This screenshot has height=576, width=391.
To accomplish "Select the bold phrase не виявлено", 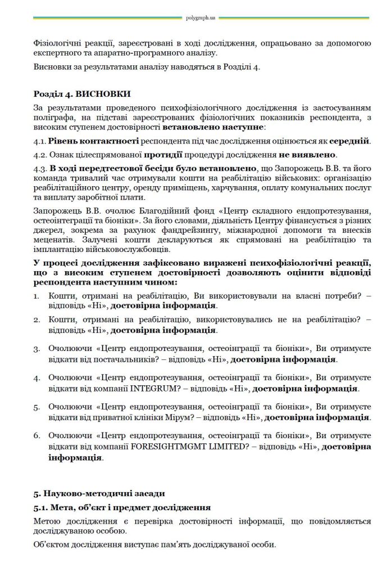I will pos(308,153).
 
